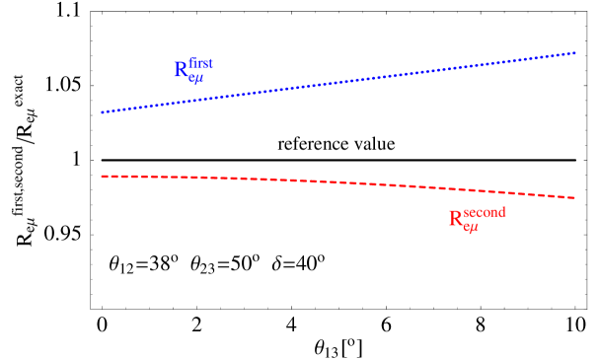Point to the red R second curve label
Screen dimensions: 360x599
477,220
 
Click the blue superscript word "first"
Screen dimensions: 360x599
201,64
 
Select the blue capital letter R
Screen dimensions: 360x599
181,70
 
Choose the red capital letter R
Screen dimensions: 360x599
456,219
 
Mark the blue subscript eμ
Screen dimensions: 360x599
195,79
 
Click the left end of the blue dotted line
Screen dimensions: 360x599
102,112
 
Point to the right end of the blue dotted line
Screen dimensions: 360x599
574,52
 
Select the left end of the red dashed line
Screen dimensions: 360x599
102,177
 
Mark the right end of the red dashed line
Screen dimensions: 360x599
574,198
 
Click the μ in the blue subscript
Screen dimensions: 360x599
198,80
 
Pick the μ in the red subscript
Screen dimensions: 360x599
474,229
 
